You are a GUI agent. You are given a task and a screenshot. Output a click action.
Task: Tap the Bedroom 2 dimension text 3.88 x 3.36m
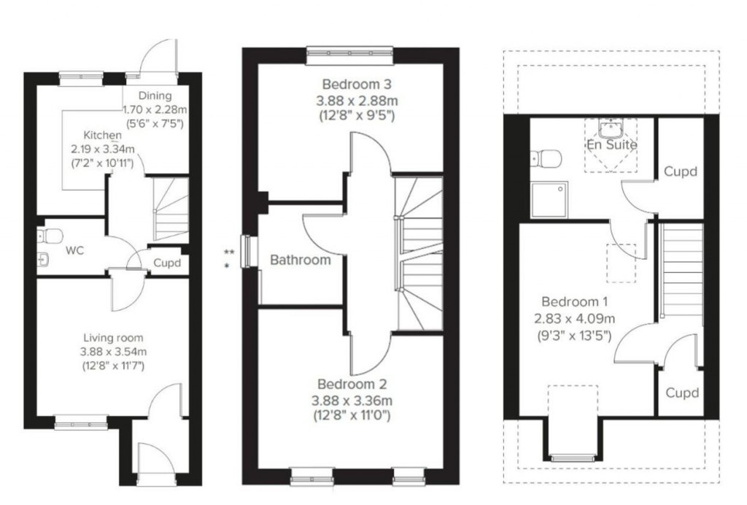point(352,400)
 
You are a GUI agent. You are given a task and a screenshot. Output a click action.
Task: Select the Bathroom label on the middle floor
point(300,260)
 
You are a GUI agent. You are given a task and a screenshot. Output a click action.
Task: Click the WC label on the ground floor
point(74,250)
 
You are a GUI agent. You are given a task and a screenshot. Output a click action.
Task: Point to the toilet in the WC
point(52,236)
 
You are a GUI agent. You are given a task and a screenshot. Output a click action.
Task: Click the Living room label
point(113,338)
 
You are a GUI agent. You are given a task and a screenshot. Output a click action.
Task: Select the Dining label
point(155,96)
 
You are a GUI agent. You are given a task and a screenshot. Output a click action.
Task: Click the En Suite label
point(611,144)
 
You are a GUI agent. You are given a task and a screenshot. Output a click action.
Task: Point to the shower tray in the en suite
point(550,199)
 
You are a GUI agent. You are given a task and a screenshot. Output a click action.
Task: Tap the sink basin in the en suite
point(610,129)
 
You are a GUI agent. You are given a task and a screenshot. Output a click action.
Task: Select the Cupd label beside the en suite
point(680,172)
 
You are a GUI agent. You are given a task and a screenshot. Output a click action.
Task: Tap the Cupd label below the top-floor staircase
point(682,393)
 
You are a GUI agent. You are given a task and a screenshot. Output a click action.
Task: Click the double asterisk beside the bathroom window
point(229,251)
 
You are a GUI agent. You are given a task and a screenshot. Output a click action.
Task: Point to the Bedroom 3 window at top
point(351,51)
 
